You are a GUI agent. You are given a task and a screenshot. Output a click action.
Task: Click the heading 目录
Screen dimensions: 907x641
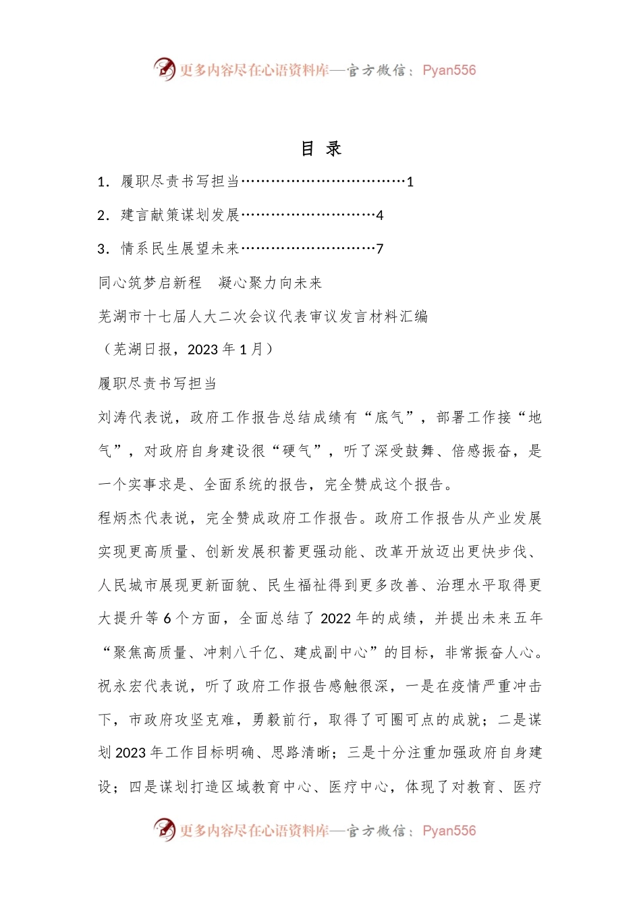point(321,148)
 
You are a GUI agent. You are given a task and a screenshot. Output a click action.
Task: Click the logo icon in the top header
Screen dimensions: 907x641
point(165,70)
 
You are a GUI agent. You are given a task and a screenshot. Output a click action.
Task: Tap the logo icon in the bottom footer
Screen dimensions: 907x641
point(165,830)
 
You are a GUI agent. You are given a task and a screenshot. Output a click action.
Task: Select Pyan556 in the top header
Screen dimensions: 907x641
point(449,70)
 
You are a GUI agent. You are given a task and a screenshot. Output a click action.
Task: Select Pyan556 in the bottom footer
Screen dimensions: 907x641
point(449,831)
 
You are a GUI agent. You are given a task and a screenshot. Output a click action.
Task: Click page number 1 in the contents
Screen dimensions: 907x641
point(410,182)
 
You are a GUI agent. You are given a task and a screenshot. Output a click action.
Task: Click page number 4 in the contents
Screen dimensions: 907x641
point(380,215)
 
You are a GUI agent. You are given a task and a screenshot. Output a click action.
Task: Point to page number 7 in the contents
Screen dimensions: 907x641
point(380,249)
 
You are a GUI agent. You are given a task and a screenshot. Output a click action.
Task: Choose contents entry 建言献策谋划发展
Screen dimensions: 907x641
point(180,215)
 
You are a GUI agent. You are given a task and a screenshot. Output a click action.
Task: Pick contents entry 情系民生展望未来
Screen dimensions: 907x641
point(180,249)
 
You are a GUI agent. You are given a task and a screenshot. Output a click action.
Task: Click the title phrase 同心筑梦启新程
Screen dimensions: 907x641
point(150,283)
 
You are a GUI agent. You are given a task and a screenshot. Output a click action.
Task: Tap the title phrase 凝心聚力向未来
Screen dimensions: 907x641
point(271,283)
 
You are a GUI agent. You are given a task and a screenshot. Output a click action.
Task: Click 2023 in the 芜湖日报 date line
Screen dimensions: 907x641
point(202,350)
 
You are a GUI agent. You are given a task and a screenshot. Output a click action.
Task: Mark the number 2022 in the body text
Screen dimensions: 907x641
point(336,619)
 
